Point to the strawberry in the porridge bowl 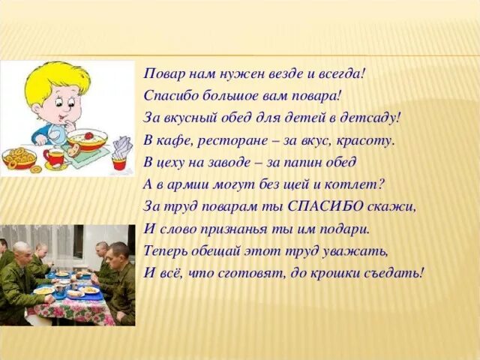coord(89,136)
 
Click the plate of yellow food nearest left coord(44,290)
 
